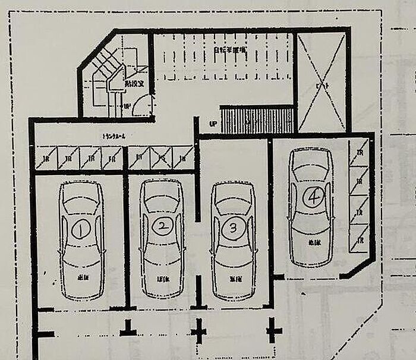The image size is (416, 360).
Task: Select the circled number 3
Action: pyautogui.click(x=234, y=227)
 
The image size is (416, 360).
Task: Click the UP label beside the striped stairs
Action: pyautogui.click(x=213, y=124)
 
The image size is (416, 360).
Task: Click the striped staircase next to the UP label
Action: pyautogui.click(x=257, y=120)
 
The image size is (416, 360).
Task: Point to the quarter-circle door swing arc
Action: pyautogui.click(x=143, y=106)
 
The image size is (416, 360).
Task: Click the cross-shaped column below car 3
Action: pyautogui.click(x=198, y=330)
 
